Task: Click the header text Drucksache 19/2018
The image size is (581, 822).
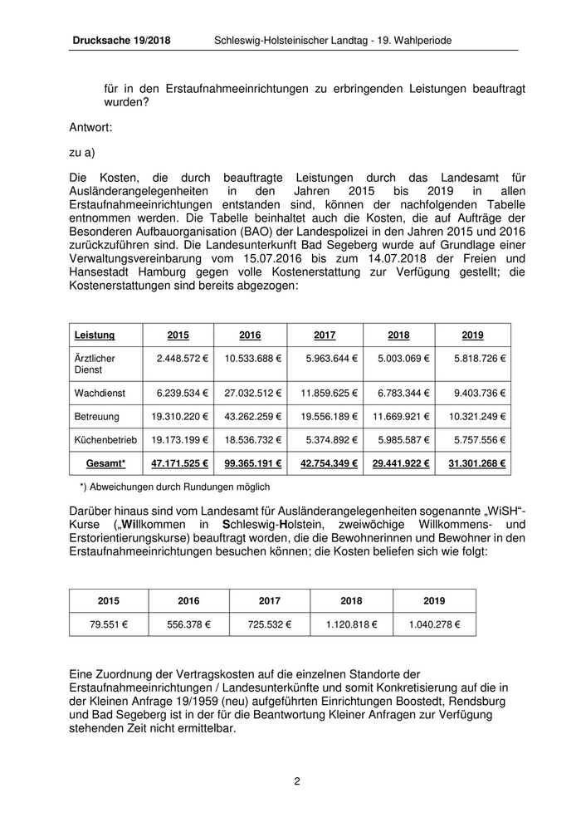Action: [x=121, y=40]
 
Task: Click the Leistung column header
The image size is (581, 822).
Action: [x=95, y=335]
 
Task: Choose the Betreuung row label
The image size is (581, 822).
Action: [x=97, y=417]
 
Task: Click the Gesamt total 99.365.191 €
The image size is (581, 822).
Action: [x=251, y=463]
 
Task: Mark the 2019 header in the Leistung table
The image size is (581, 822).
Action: [x=473, y=335]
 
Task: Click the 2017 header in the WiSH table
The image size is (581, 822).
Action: [x=270, y=601]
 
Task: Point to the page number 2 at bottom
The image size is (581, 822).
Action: [x=296, y=781]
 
